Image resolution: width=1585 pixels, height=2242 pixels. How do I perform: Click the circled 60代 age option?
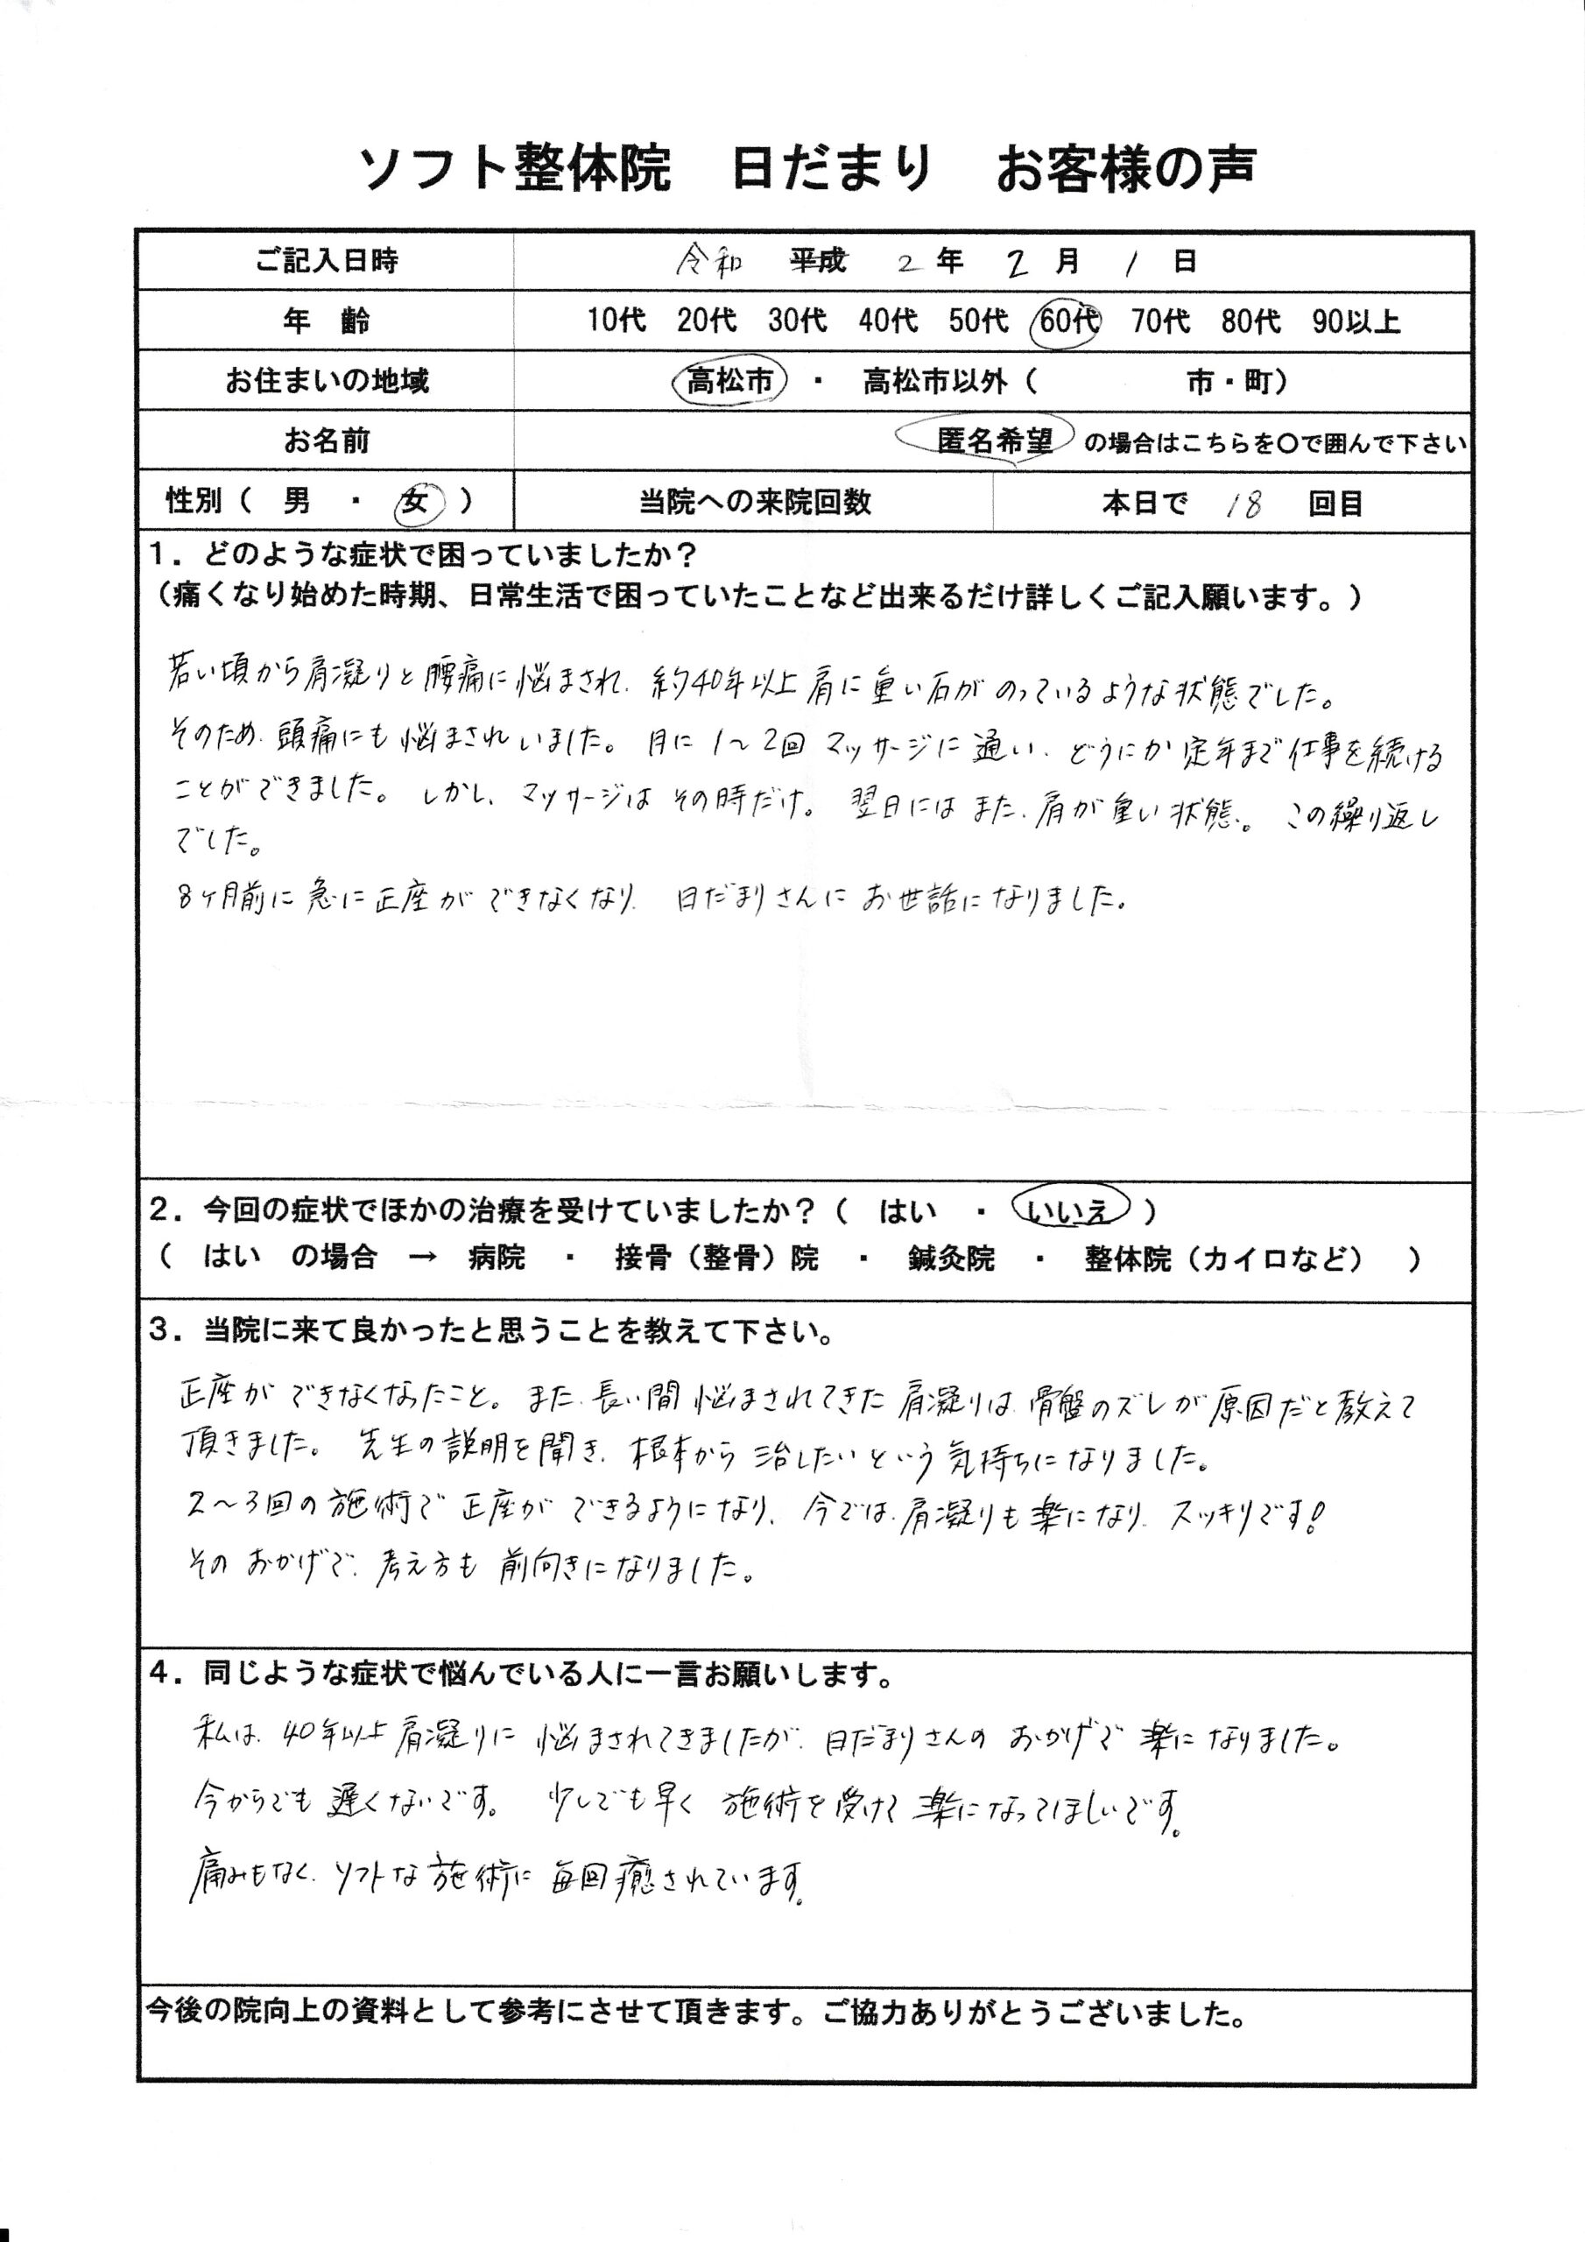1066,321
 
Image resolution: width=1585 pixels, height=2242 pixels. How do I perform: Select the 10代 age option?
616,321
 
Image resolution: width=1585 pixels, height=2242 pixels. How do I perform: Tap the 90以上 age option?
1356,321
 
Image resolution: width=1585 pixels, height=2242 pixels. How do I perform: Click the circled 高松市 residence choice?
729,381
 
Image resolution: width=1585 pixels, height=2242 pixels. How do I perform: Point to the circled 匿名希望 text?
994,441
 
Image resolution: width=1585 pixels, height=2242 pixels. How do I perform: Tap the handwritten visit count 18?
1243,504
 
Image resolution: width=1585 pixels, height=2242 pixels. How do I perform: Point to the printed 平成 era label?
819,261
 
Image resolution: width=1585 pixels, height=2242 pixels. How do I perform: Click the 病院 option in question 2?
497,1258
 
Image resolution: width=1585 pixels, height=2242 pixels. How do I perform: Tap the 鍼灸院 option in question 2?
950,1258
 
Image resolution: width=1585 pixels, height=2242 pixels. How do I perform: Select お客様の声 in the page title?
1125,169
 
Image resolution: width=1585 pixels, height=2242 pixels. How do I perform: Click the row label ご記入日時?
326,262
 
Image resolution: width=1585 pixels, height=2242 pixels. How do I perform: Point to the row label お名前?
326,441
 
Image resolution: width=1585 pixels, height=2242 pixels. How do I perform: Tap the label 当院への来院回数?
754,503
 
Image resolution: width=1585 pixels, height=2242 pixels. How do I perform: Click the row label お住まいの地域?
326,381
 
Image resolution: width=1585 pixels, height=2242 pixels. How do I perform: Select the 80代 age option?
1250,321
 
